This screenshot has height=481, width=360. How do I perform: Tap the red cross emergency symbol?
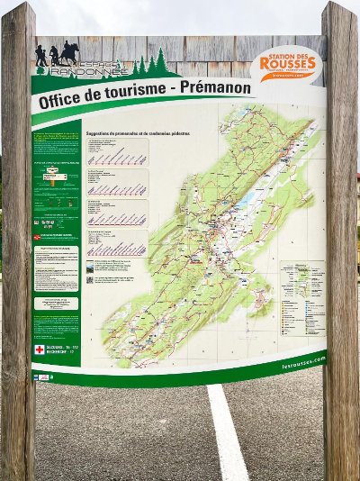click(39, 349)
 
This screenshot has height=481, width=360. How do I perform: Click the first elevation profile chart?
click(117, 158)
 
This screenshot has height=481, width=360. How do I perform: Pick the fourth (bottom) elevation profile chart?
click(117, 248)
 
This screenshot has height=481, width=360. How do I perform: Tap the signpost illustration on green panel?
click(56, 175)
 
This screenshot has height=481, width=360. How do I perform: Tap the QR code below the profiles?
click(90, 279)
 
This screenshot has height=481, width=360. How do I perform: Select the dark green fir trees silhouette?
click(153, 63)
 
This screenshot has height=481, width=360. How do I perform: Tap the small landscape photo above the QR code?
click(90, 268)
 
